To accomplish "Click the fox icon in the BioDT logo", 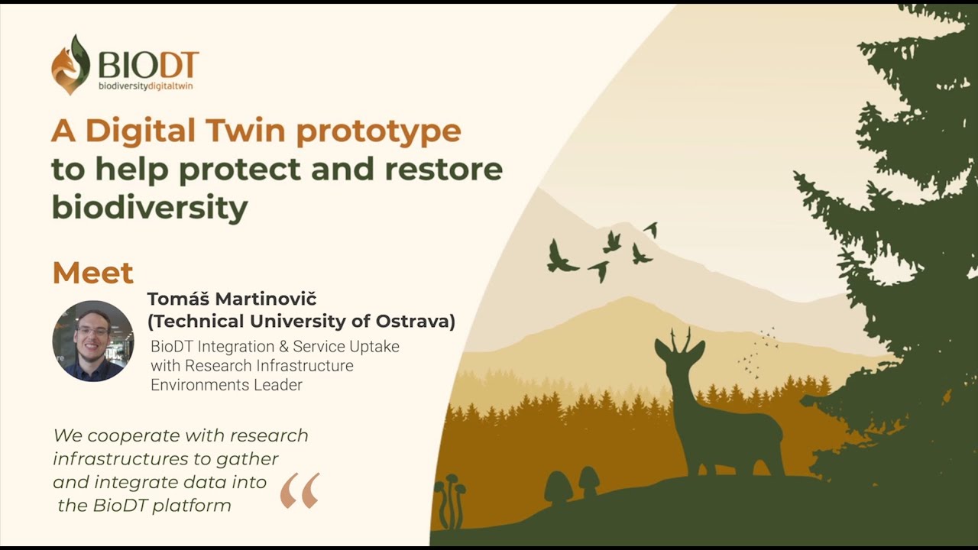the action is [x=70, y=65].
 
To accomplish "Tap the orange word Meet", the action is [x=93, y=273].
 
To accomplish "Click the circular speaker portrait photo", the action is [x=93, y=341].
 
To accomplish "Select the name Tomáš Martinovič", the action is [x=232, y=299].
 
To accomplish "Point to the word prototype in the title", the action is [x=378, y=132].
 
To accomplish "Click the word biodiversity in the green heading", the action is [x=150, y=208].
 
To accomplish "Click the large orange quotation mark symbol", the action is [x=300, y=490].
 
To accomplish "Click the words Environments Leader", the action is [x=226, y=385].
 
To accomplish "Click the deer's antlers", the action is [x=681, y=340].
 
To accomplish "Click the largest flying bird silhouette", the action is [x=560, y=258].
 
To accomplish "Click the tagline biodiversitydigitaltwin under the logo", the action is [x=145, y=86].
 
